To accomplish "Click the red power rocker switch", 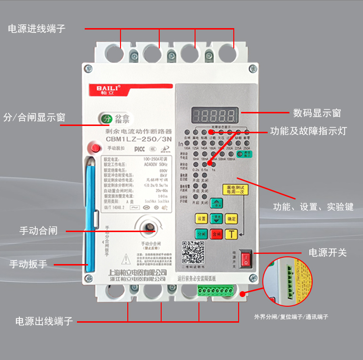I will (246, 258).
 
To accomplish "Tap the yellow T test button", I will (232, 234).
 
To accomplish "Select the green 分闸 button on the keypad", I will (202, 234).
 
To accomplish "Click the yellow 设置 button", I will (202, 218).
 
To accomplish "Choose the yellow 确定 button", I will (232, 218).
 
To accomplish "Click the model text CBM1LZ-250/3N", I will (139, 140).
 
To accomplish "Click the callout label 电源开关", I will (328, 252).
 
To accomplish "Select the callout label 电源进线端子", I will (37, 29).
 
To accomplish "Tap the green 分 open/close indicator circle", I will (106, 118).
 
